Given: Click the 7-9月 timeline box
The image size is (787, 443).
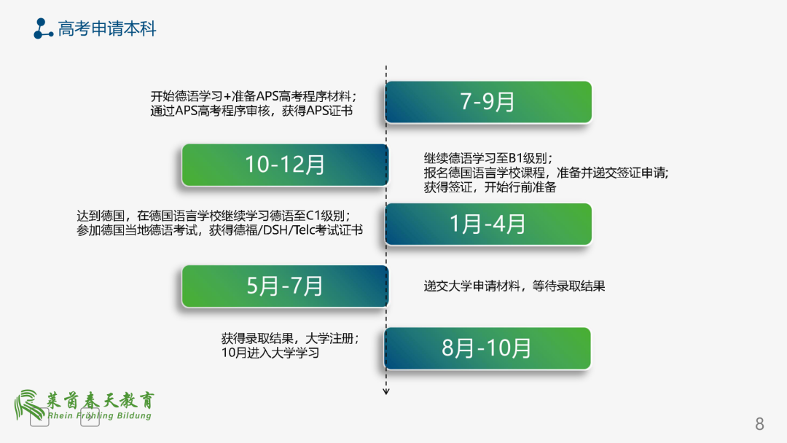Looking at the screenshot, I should click(x=488, y=102).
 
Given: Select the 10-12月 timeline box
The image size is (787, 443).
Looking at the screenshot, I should click(x=285, y=165).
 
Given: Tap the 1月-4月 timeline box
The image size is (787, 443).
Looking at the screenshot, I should click(x=488, y=224).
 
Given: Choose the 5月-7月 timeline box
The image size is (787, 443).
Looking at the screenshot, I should click(x=285, y=286).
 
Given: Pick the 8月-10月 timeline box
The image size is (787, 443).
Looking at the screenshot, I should click(x=488, y=348).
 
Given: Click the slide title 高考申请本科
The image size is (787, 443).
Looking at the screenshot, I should click(x=107, y=29).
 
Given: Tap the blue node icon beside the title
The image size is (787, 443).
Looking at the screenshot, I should click(x=43, y=28).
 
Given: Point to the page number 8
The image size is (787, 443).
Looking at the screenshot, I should click(x=759, y=424).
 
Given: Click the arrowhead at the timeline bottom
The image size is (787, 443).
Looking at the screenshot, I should click(x=386, y=392).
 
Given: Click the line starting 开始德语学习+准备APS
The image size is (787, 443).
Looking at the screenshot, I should click(x=253, y=96).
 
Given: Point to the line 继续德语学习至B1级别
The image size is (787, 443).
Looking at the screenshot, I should click(x=488, y=158).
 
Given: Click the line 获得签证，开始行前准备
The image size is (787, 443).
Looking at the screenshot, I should click(x=490, y=187).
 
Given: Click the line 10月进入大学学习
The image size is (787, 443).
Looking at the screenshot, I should click(x=270, y=353).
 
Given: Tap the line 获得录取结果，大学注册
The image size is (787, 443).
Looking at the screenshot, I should click(x=289, y=339).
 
